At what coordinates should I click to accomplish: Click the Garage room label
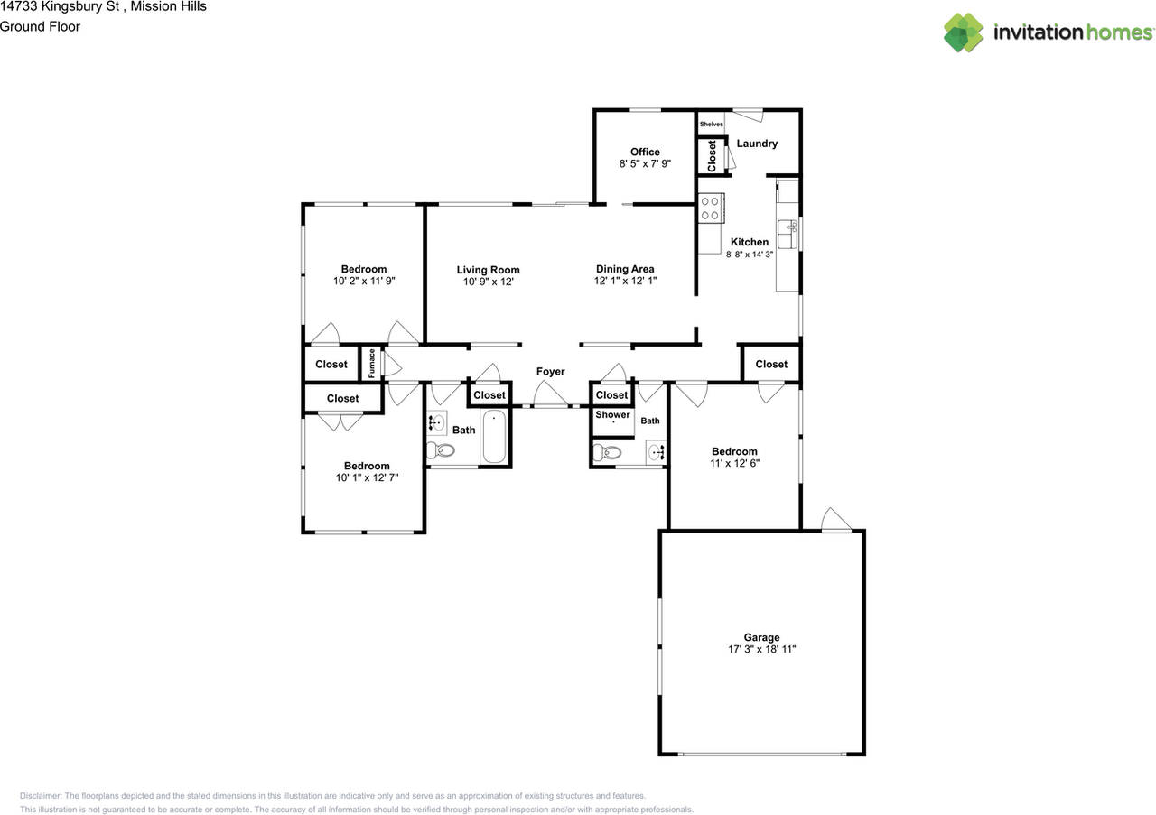(x=761, y=637)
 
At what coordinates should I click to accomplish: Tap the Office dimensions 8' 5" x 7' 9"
(x=645, y=163)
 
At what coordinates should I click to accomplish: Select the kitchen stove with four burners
(x=711, y=208)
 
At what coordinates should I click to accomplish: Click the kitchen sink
(x=788, y=234)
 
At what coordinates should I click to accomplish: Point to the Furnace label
(x=371, y=363)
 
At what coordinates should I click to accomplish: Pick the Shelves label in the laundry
(x=711, y=124)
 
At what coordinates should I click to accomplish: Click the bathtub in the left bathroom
(x=494, y=437)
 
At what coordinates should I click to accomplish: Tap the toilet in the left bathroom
(x=440, y=451)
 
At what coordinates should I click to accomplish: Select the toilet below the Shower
(x=607, y=453)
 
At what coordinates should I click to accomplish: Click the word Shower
(x=612, y=414)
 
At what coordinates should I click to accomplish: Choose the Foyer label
(x=550, y=371)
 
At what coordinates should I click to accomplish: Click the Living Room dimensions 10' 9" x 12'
(x=489, y=282)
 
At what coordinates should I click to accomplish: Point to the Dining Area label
(x=625, y=269)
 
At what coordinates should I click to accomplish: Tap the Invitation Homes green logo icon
(x=964, y=32)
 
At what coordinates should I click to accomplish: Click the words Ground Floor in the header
(x=40, y=26)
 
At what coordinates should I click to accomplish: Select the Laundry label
(x=757, y=144)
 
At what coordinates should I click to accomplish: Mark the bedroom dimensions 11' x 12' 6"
(x=735, y=463)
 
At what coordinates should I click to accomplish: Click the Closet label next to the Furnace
(x=331, y=364)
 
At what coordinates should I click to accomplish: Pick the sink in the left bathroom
(x=436, y=423)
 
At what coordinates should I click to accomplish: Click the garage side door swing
(x=835, y=519)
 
